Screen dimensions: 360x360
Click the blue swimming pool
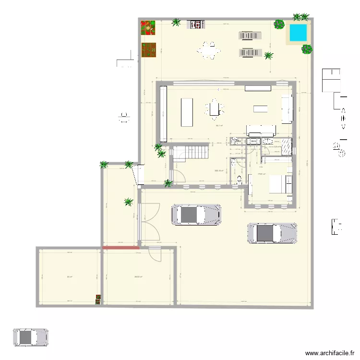298,33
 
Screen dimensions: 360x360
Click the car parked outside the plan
31,337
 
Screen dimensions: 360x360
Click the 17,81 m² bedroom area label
262,174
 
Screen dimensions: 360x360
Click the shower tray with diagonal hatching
287,146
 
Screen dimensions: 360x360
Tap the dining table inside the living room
215,109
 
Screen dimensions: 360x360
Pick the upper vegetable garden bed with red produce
149,28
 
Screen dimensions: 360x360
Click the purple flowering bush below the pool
307,49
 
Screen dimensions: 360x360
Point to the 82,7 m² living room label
219,126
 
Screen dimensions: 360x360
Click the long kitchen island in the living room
187,112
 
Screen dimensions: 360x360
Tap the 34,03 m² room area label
138,276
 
